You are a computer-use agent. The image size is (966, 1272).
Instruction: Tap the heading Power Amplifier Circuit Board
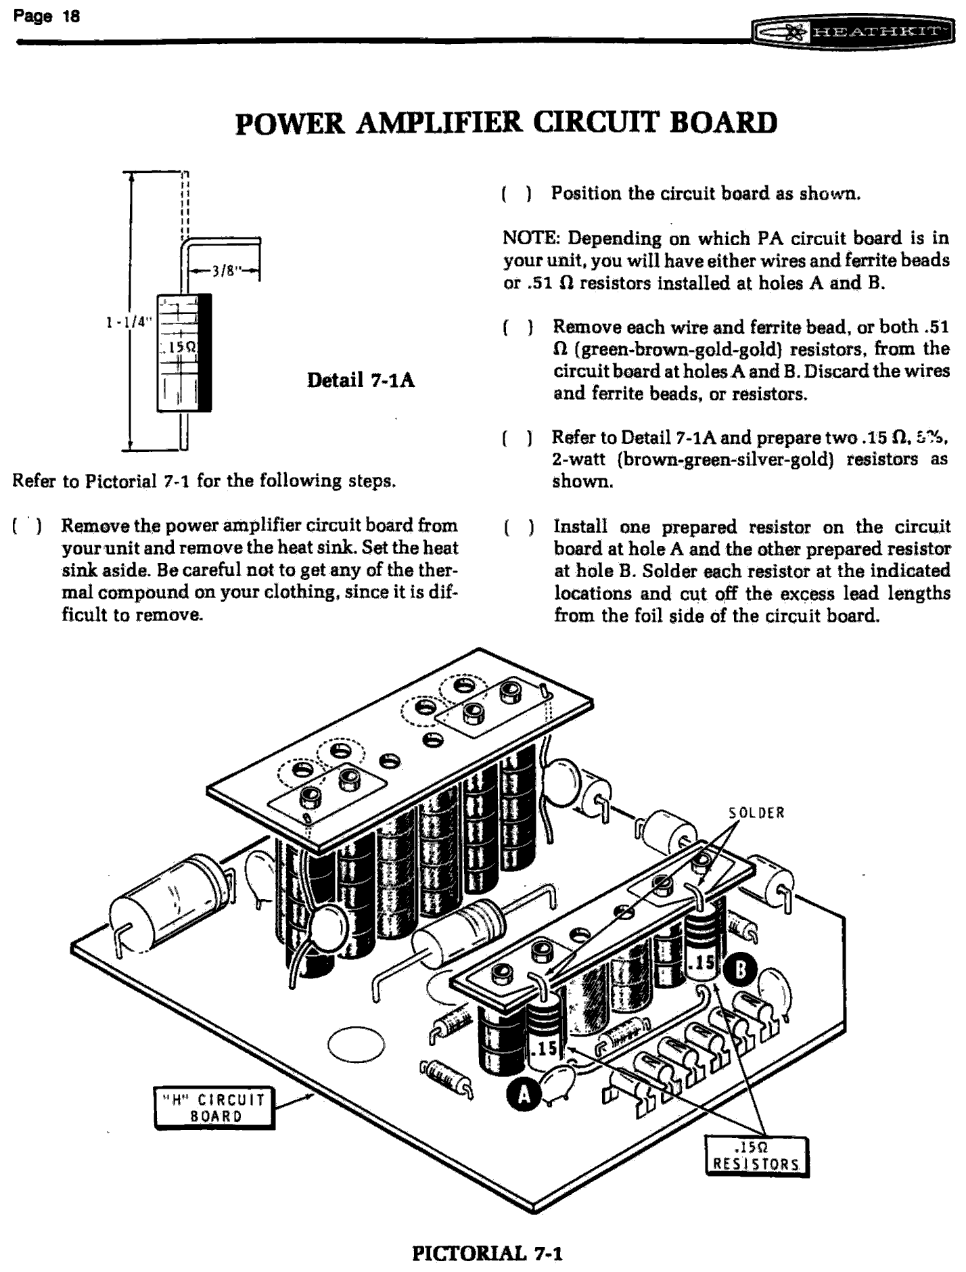[x=505, y=122]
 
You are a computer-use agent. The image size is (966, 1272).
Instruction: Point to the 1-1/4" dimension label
[x=127, y=321]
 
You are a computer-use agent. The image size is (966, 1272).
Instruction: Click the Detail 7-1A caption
[x=361, y=380]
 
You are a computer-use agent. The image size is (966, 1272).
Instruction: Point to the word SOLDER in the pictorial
[x=756, y=813]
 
